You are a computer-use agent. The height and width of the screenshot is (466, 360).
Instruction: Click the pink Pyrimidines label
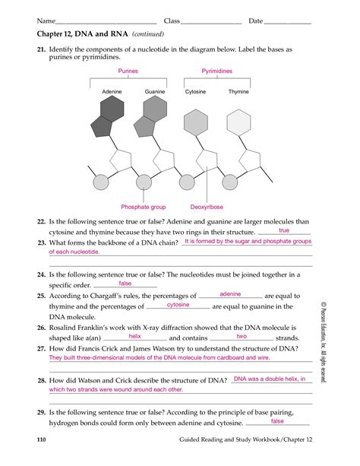(x=216, y=70)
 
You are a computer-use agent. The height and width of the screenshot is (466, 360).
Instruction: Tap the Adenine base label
(x=112, y=92)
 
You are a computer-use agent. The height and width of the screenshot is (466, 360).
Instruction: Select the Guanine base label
(x=155, y=92)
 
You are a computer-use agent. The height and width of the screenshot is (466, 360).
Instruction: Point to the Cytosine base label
(x=196, y=92)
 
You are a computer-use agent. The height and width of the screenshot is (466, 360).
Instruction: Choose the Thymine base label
(x=238, y=92)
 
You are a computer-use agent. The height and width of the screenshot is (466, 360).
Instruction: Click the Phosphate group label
(x=143, y=207)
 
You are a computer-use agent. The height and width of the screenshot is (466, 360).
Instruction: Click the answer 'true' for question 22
(x=284, y=230)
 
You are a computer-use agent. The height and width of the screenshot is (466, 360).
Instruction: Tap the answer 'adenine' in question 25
(x=229, y=293)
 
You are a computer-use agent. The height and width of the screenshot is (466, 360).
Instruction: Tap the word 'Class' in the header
(x=172, y=21)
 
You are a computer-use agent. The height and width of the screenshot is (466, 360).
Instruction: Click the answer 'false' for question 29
(x=277, y=420)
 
